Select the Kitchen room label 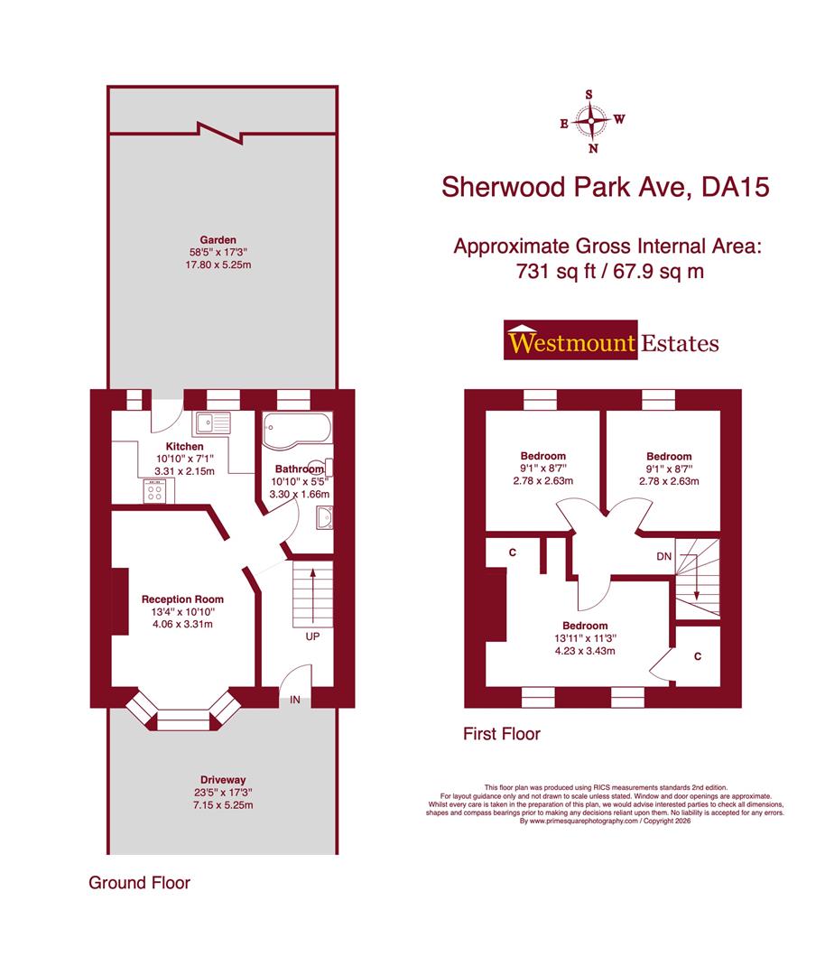pyautogui.click(x=184, y=447)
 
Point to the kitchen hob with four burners pyautogui.click(x=156, y=490)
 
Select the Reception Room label pyautogui.click(x=182, y=599)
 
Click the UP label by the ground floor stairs pyautogui.click(x=312, y=636)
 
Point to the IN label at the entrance pyautogui.click(x=295, y=700)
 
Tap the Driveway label pyautogui.click(x=224, y=779)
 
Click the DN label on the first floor pyautogui.click(x=663, y=556)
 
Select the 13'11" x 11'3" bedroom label pyautogui.click(x=585, y=638)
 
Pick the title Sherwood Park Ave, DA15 pyautogui.click(x=604, y=187)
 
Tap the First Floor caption pyautogui.click(x=502, y=734)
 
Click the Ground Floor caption pyautogui.click(x=139, y=883)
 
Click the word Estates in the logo pyautogui.click(x=680, y=343)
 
